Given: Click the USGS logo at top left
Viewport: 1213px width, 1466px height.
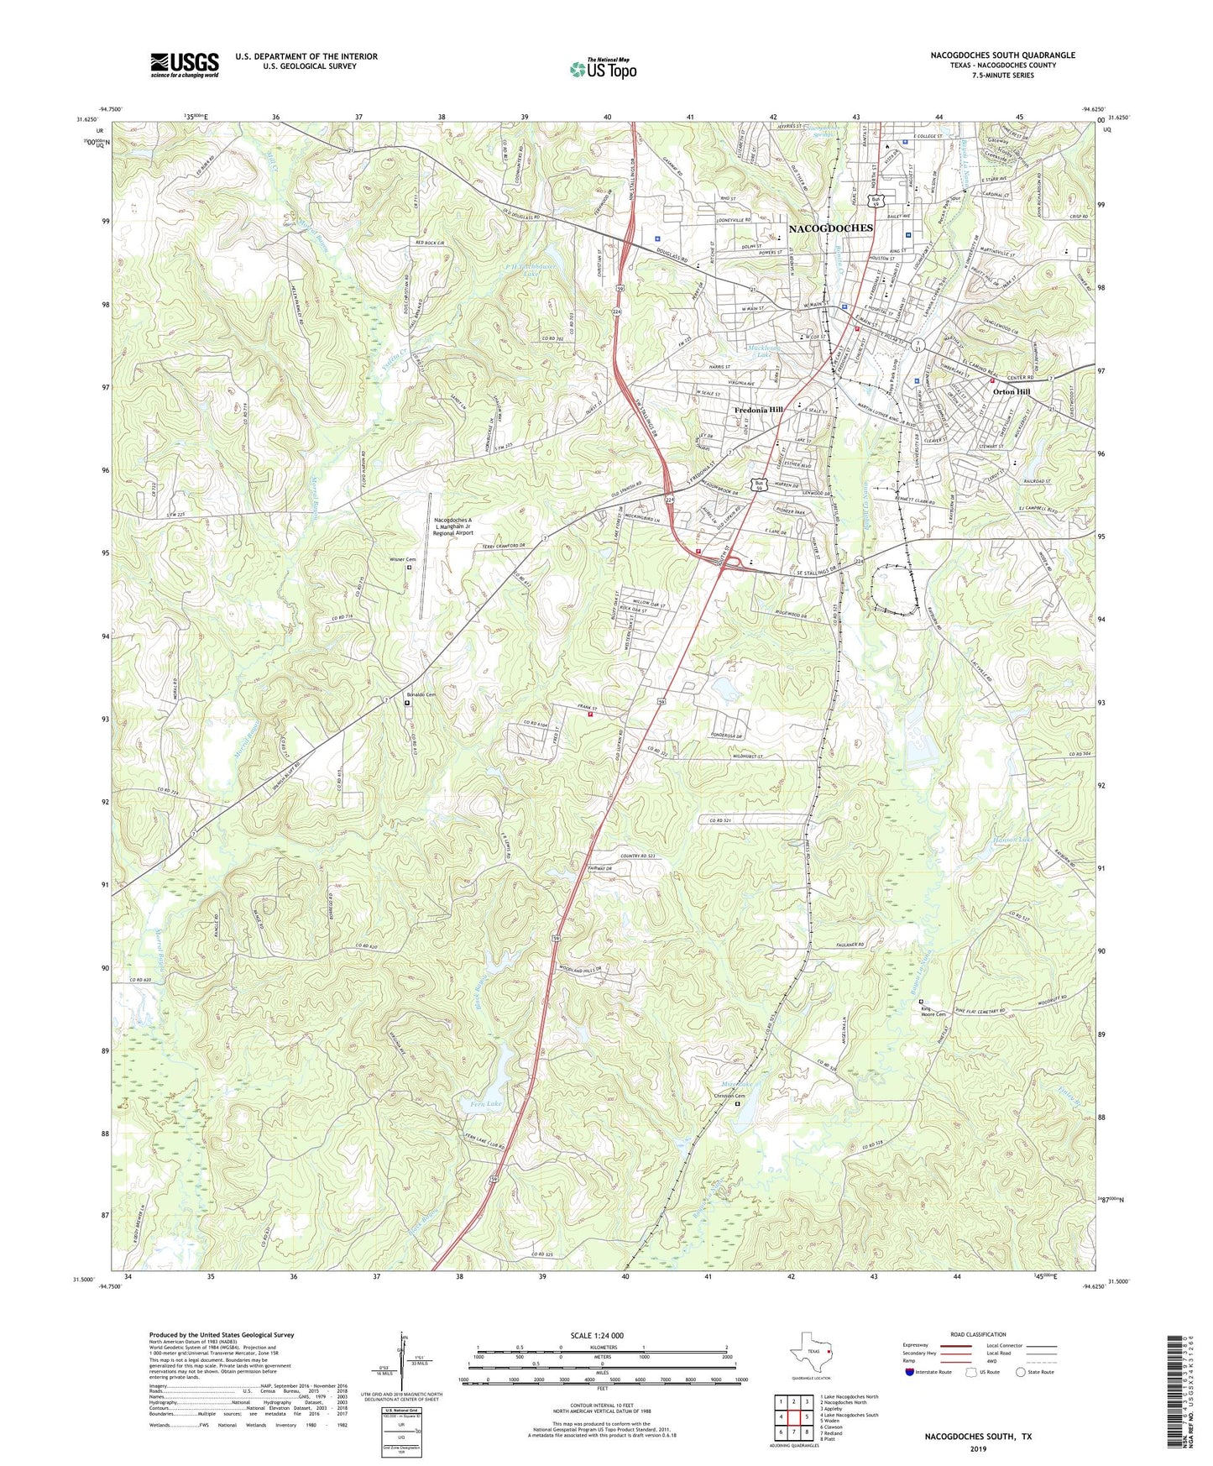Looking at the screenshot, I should click(185, 65).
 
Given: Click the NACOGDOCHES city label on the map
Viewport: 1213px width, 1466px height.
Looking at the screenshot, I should click(830, 228).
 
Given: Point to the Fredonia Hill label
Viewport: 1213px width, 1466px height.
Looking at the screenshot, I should click(758, 410).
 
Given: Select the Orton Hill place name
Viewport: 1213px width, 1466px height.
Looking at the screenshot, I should click(1011, 391).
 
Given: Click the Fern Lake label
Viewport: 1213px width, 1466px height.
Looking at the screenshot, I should click(487, 1102).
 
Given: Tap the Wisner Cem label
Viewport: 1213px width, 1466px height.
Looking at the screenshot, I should click(402, 559).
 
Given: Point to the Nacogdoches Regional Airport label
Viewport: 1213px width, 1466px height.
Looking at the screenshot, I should click(453, 526).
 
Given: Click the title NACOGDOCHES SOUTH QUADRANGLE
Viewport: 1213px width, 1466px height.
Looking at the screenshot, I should click(1002, 55).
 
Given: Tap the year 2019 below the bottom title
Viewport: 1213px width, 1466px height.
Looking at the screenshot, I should click(978, 1448).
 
